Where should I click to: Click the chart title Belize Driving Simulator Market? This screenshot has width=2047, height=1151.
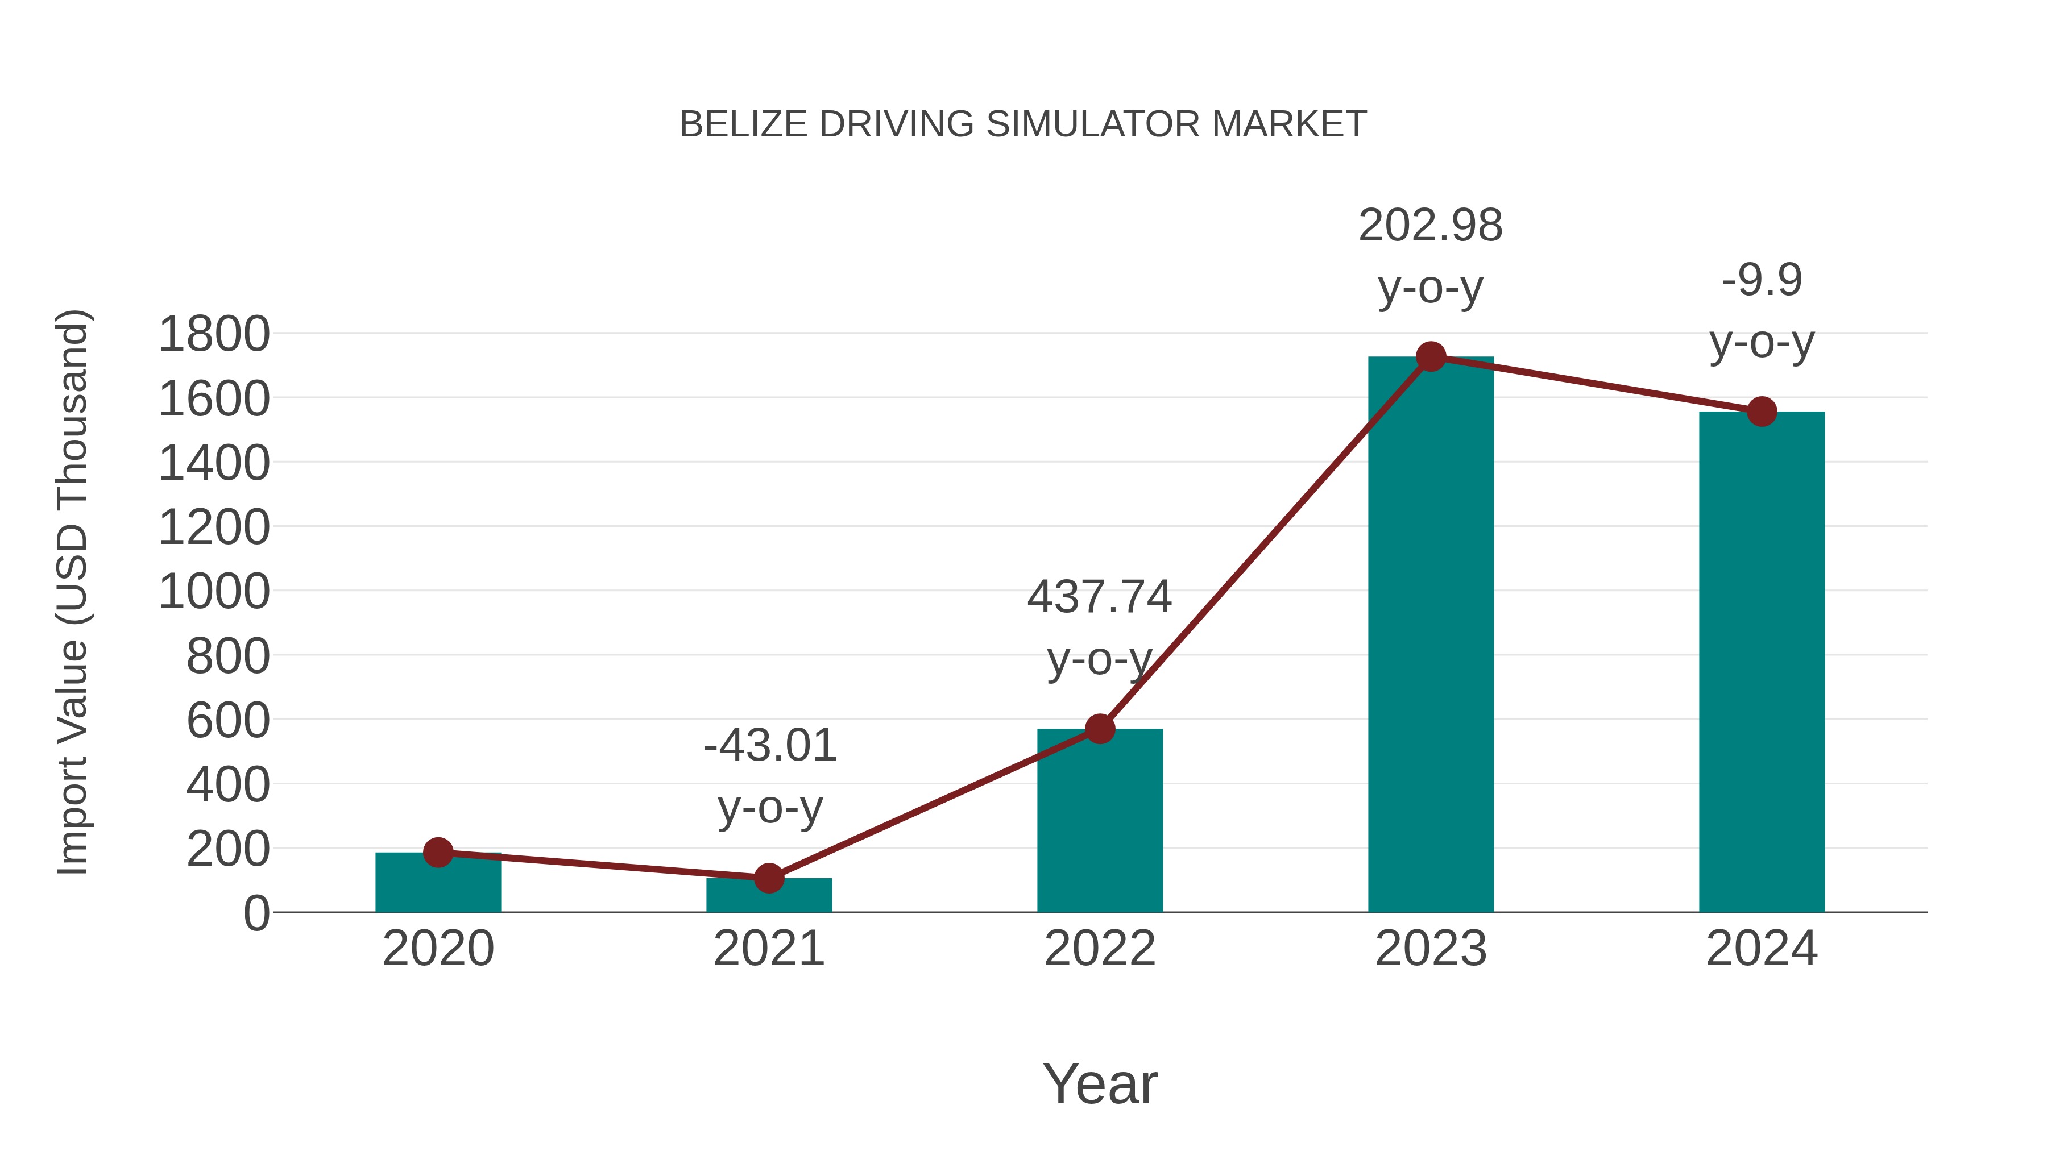click(x=1023, y=124)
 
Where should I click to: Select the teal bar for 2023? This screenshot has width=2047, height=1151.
click(x=1431, y=635)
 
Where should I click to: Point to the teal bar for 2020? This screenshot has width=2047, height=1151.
click(x=438, y=883)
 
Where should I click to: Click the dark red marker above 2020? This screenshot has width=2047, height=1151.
click(x=438, y=853)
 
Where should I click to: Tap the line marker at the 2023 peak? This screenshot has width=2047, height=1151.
click(x=1431, y=356)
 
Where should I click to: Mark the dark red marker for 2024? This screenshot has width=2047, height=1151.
click(x=1762, y=412)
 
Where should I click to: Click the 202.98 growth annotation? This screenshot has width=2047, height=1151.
click(x=1431, y=226)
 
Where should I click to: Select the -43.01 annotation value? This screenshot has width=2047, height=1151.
click(x=769, y=746)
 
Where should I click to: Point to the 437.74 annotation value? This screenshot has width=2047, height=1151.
click(x=1099, y=597)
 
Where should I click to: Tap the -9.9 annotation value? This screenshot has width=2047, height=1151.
click(x=1762, y=280)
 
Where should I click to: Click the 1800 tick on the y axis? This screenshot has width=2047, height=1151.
click(x=214, y=334)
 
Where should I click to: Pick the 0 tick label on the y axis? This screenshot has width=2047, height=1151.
click(x=256, y=913)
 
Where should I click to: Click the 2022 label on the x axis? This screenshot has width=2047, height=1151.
click(x=1100, y=949)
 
